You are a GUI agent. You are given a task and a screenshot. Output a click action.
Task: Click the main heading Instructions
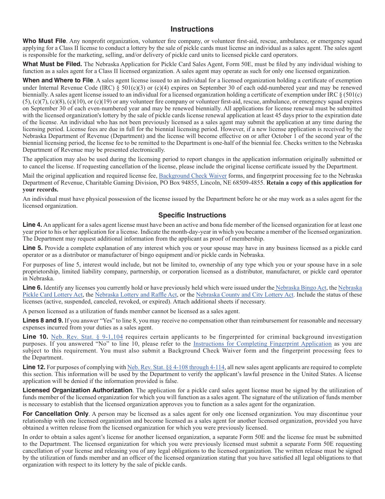[x=192, y=29]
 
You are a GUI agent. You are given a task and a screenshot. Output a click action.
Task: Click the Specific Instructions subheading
[x=192, y=215]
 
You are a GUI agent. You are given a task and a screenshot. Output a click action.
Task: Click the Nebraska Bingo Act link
[x=300, y=288]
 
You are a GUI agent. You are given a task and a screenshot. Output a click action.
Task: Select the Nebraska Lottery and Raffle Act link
[x=136, y=295]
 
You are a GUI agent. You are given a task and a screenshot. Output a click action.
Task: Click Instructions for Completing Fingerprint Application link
[x=262, y=344]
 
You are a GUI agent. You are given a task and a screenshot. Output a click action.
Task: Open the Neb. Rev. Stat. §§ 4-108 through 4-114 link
[x=176, y=367]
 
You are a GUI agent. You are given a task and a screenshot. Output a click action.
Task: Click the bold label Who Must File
[x=44, y=41]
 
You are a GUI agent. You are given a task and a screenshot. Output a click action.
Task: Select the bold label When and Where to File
[x=58, y=80]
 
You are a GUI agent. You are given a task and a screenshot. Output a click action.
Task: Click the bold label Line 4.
[x=32, y=225]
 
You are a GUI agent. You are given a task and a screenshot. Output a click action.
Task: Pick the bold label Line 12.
[x=34, y=367]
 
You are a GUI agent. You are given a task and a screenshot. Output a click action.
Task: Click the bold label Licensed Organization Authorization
[x=77, y=390]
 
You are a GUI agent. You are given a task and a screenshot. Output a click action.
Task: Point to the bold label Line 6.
[x=32, y=288]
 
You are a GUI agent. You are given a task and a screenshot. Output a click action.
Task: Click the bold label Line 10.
[x=35, y=337]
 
